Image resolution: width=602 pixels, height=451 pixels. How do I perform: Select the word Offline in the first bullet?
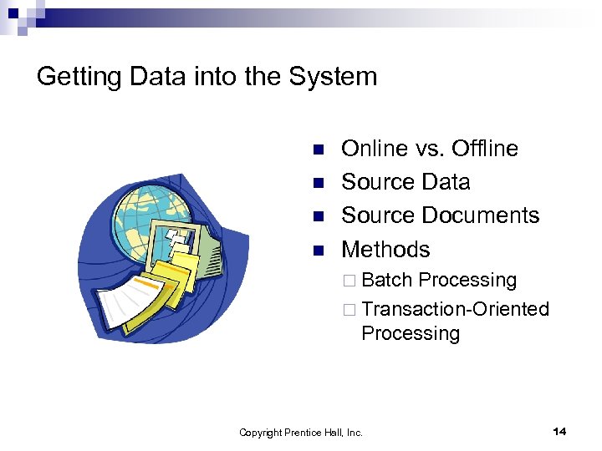pos(484,149)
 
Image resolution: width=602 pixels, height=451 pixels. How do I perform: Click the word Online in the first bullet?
pos(375,149)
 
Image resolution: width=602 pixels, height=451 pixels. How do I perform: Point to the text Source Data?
pos(406,182)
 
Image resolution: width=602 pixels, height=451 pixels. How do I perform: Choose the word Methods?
pos(385,250)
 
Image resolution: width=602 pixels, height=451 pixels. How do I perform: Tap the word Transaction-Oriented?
pos(456,309)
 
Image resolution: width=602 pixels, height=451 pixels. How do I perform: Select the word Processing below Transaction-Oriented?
pos(411,333)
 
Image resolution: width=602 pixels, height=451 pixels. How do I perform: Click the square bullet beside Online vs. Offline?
pos(317,150)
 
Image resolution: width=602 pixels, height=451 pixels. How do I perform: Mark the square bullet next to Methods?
pos(317,251)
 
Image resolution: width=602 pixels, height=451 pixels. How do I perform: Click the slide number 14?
pos(559,431)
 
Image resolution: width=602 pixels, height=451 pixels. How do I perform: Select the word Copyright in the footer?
pos(261,433)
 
